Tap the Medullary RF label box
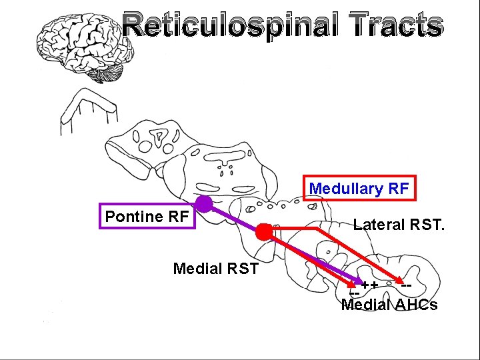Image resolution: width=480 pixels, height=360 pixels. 359,189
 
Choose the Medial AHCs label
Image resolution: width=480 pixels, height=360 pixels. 389,305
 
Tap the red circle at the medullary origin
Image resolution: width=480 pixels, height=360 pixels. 265,232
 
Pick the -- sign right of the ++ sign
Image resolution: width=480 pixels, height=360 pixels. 405,285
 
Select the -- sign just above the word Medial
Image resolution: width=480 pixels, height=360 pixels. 355,294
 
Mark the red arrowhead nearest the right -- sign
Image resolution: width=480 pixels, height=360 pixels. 397,280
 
